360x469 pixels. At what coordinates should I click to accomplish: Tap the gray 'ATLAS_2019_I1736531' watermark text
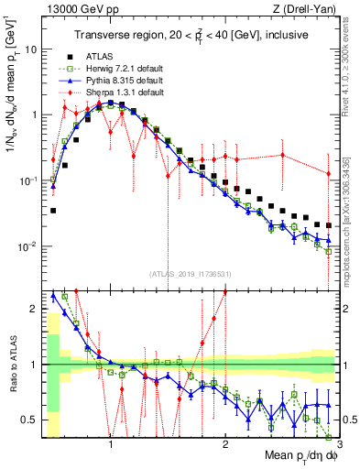190,274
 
